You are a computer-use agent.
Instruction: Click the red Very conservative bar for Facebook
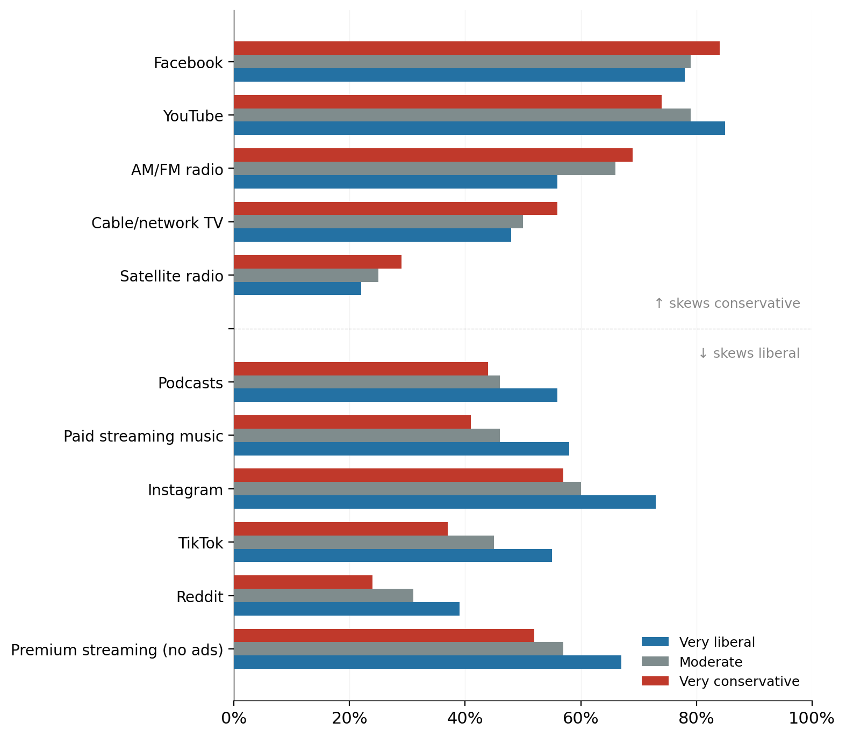click(476, 48)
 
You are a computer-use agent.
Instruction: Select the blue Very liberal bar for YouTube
click(479, 128)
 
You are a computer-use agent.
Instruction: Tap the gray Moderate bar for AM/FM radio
click(424, 169)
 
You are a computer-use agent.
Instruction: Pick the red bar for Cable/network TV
click(395, 208)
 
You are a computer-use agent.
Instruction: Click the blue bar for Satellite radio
click(297, 288)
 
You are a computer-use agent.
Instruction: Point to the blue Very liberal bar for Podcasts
click(395, 395)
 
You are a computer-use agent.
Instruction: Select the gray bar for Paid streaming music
click(367, 436)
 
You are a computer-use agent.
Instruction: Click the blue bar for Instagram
click(444, 502)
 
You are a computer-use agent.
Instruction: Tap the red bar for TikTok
click(340, 529)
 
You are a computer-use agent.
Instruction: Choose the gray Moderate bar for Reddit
click(323, 596)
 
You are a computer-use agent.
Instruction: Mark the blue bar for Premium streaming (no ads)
click(427, 662)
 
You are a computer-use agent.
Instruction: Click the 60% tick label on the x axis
click(580, 718)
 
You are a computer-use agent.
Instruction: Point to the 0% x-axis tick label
click(234, 718)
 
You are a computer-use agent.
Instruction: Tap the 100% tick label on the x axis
click(812, 718)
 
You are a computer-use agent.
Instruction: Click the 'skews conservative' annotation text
click(727, 304)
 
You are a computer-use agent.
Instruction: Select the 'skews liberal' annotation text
click(749, 353)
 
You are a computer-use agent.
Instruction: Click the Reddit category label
click(199, 597)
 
